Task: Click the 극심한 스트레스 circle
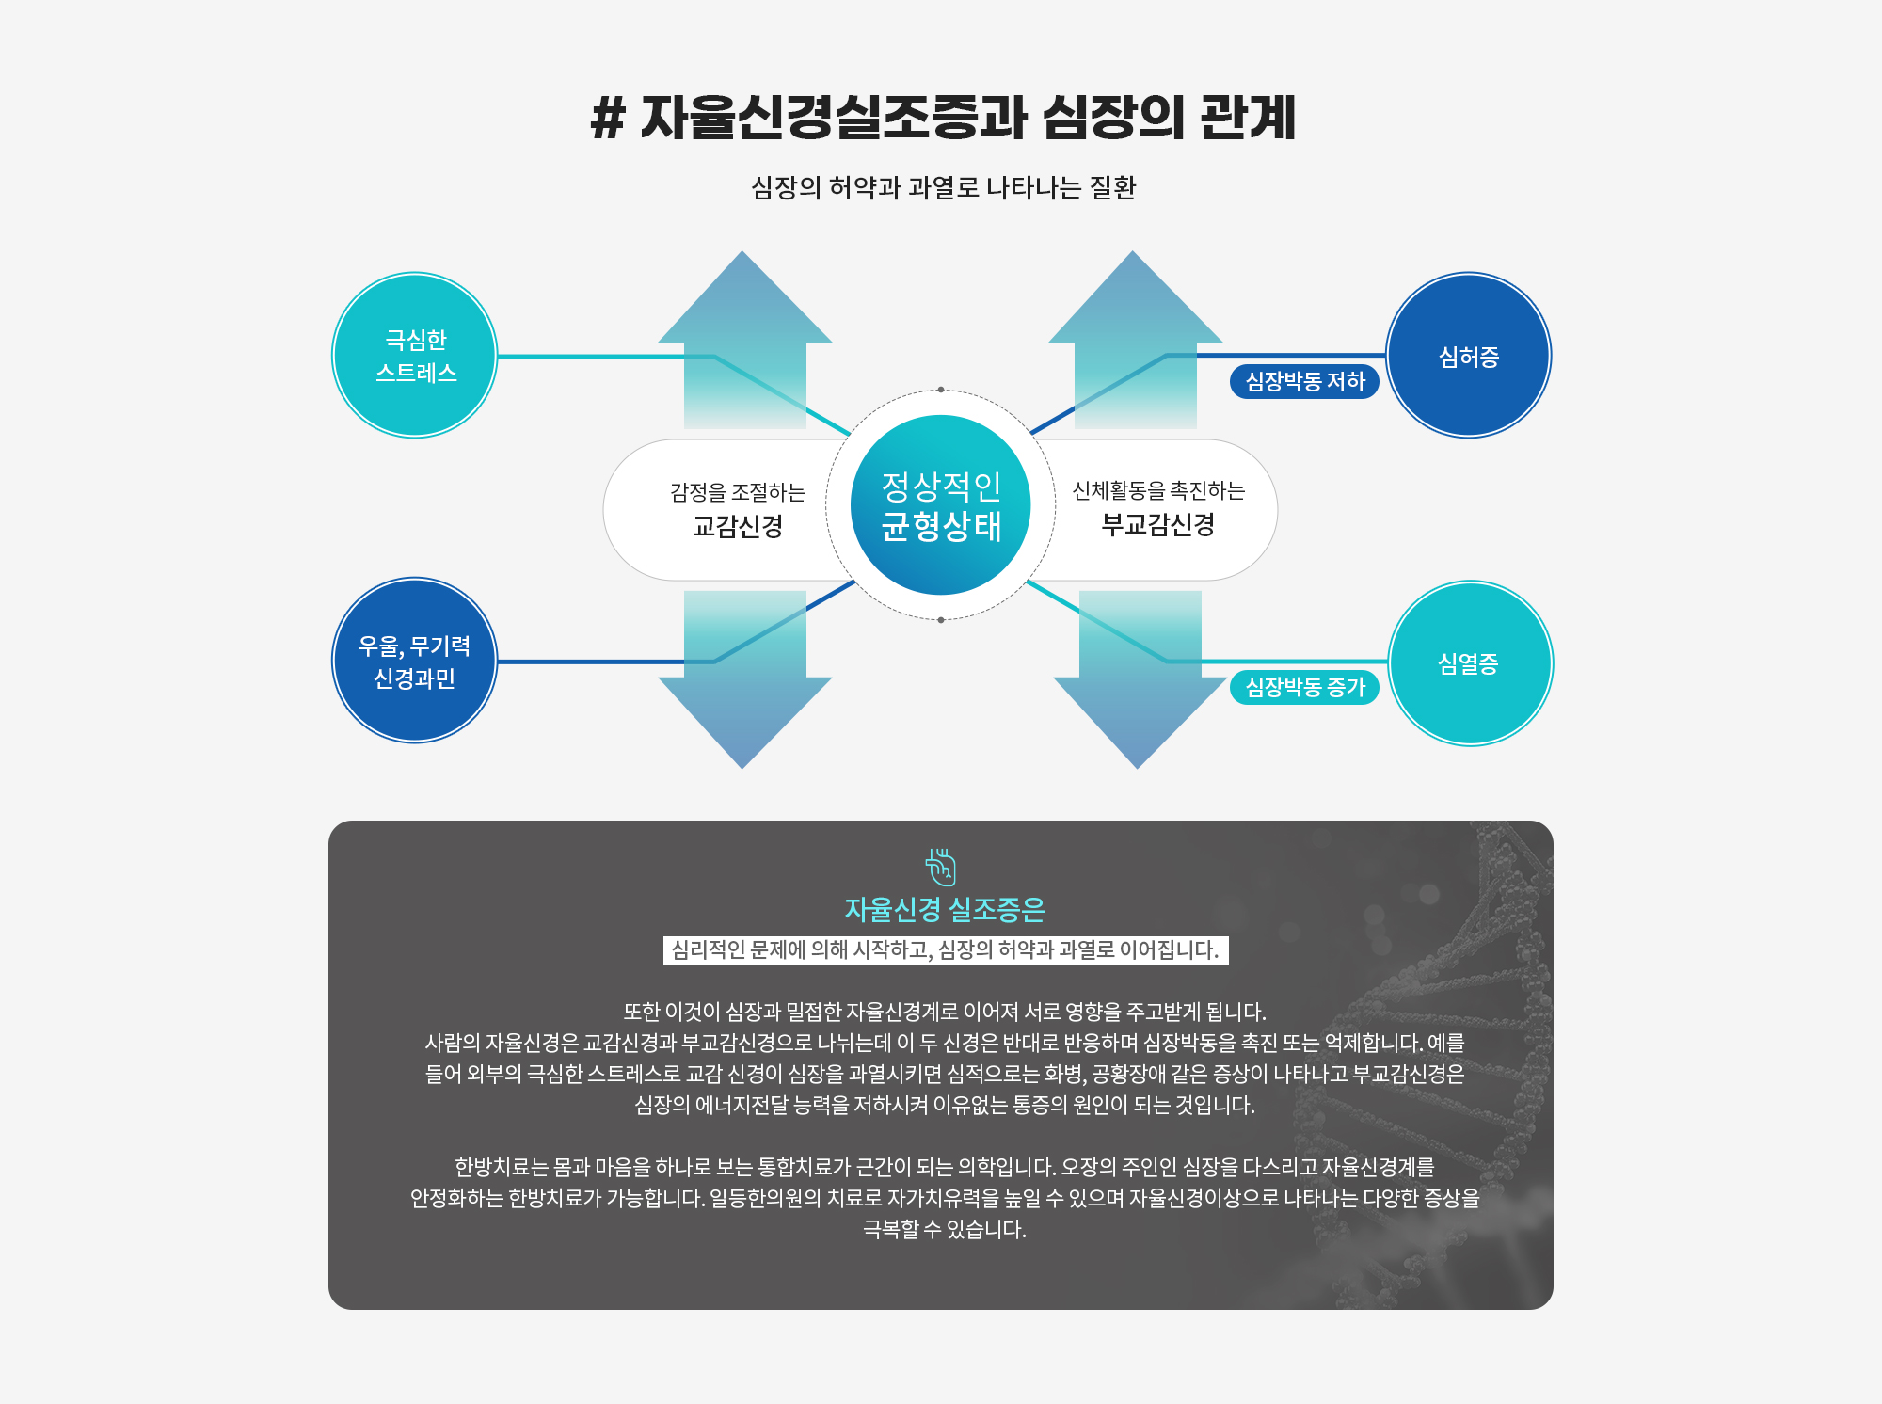point(415,356)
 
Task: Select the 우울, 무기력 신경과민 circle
point(415,661)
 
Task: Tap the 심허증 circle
point(1468,356)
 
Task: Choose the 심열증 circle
point(1470,663)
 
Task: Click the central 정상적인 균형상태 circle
point(940,505)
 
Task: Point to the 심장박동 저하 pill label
point(1304,381)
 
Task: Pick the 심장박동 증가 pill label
point(1304,687)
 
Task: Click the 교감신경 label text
point(738,526)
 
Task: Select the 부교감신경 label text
point(1157,524)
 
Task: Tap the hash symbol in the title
point(608,120)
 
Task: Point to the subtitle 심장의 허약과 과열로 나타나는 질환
point(943,187)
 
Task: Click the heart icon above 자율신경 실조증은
point(940,867)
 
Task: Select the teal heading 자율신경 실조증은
point(945,909)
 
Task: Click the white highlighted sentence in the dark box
point(945,949)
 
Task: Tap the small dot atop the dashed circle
point(941,390)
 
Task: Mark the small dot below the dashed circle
point(941,620)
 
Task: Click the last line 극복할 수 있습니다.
point(945,1229)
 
